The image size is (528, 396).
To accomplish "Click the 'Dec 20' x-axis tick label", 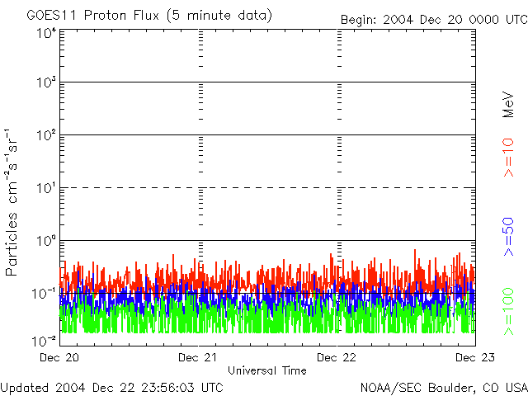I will (59, 357).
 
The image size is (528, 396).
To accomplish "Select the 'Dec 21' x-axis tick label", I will (199, 357).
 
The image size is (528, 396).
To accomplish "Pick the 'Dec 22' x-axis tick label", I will (338, 357).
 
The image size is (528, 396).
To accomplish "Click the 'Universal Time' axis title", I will (266, 370).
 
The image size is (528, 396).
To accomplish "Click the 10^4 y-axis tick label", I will (46, 33).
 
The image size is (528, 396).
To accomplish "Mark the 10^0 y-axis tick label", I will (46, 243).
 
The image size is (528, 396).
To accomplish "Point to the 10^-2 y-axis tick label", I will (45, 340).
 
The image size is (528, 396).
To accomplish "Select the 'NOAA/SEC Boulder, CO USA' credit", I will (443, 387).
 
